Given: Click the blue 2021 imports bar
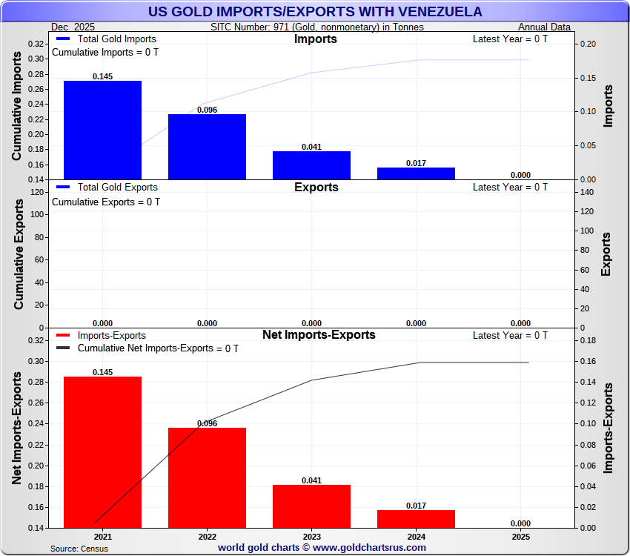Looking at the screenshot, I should coord(102,130).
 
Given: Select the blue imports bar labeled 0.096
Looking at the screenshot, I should coord(207,147).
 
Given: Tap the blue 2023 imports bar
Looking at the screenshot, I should coord(311,165).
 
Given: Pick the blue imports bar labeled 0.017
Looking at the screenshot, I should coord(416,173).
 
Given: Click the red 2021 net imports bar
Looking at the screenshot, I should coord(102,452).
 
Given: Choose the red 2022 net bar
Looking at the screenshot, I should coord(207,477).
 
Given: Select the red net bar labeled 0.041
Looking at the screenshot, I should coord(311,506).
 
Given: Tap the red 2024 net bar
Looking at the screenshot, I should coord(416,518).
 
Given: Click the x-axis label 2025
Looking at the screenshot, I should coord(520,537).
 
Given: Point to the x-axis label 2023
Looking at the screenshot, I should coord(311,537).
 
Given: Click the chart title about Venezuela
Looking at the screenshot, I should coord(315,12).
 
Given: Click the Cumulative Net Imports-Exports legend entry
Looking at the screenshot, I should coord(148,348).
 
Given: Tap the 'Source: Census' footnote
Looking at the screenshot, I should coord(79,549).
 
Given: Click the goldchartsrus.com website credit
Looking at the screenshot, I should coord(322,548).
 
